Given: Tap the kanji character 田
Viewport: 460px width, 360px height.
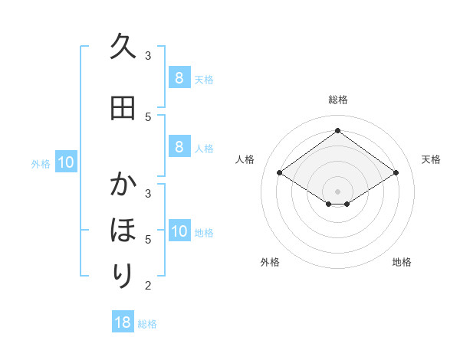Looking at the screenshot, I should [123, 108].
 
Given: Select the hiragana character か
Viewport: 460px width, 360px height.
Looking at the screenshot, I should [123, 185].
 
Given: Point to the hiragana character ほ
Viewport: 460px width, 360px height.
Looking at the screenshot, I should [123, 229].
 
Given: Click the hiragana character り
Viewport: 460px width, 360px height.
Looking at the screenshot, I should [123, 274].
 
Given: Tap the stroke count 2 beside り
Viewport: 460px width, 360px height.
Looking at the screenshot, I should [148, 286].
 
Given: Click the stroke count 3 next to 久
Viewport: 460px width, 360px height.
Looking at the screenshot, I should [148, 55].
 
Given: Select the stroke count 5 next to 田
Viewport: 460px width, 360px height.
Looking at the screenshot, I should [148, 116].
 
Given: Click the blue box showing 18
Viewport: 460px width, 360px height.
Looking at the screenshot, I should [123, 322].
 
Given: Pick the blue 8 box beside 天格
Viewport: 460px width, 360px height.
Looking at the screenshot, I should [179, 77].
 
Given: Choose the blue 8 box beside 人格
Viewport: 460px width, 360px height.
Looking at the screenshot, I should [179, 146].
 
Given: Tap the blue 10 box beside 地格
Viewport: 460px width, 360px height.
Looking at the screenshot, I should [179, 231].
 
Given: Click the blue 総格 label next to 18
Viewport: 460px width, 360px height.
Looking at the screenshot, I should [147, 324].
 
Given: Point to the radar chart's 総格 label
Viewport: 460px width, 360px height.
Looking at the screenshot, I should [337, 100].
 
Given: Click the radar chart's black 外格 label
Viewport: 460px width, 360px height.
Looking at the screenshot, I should [270, 262].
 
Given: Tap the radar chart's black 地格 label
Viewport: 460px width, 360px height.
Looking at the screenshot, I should [402, 262].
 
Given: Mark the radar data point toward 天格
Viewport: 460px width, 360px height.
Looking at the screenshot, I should [396, 173].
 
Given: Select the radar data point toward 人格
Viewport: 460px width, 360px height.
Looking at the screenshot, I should [280, 173].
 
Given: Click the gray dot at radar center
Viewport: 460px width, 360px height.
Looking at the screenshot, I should [337, 191].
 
